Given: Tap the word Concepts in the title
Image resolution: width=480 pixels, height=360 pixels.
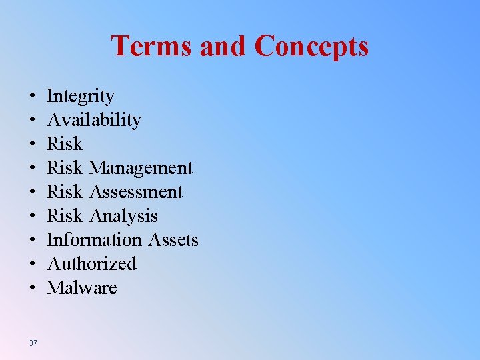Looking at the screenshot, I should point(311,46).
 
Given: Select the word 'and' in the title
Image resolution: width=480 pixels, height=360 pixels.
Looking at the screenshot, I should point(225,46).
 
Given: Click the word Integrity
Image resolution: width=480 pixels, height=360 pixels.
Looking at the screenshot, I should point(80,97).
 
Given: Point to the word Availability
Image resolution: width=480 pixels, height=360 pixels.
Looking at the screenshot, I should point(93,121).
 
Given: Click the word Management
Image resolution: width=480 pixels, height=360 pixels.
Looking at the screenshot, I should point(140,169).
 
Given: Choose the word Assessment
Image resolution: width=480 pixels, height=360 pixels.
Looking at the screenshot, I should point(135,193).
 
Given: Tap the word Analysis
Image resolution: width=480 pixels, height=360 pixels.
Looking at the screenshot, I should point(123,217).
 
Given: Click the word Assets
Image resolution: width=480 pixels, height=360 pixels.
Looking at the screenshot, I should point(173,240).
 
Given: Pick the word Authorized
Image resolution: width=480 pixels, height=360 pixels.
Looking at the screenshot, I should point(91,264).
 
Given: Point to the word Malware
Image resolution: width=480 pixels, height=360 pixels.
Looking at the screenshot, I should point(81,288).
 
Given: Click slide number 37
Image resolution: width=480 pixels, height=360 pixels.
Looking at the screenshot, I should point(33,343).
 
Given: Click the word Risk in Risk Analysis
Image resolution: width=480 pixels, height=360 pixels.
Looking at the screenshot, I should point(65,217).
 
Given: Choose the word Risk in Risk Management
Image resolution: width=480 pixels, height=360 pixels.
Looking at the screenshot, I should point(65,169).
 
